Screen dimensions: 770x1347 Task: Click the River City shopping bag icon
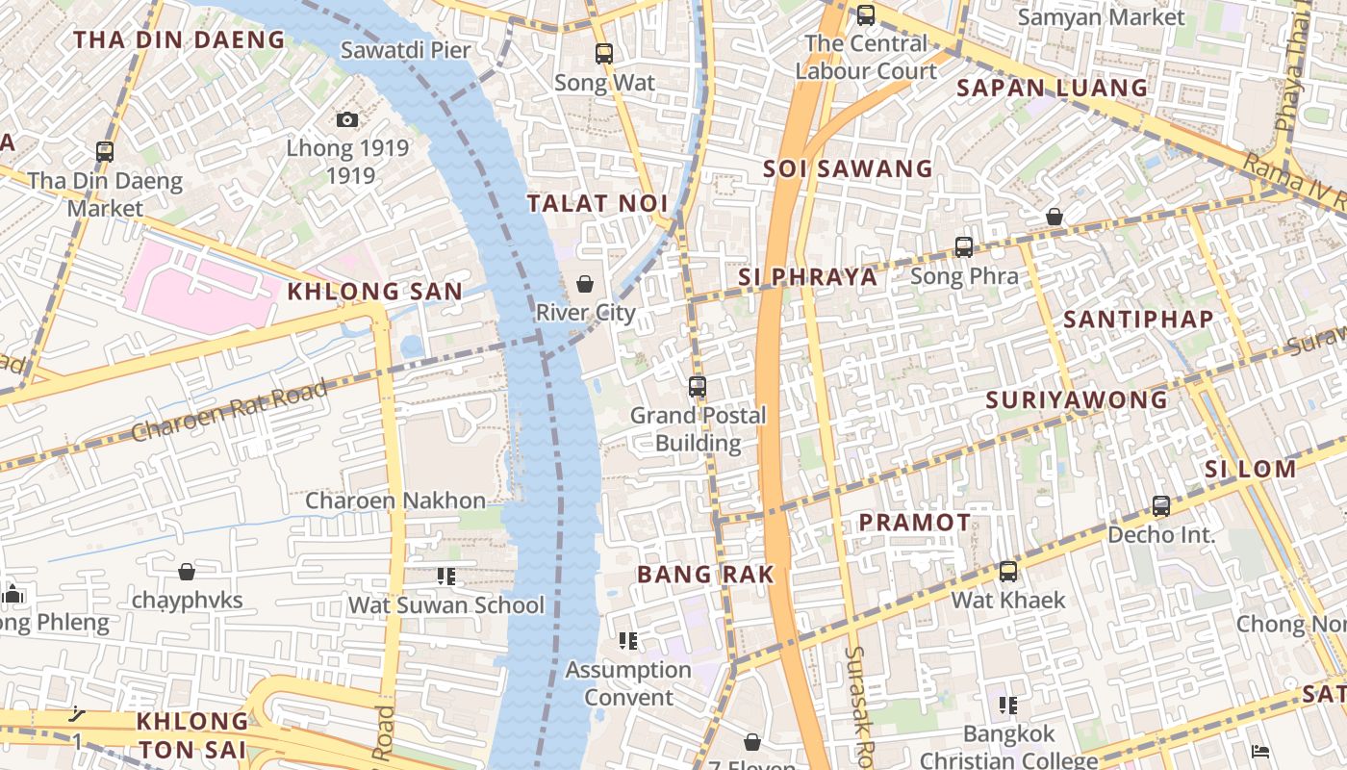pyautogui.click(x=584, y=284)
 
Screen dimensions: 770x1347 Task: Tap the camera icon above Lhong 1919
pyautogui.click(x=347, y=119)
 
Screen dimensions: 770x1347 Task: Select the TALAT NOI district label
pyautogui.click(x=597, y=203)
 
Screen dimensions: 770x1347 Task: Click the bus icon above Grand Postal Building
pyautogui.click(x=698, y=387)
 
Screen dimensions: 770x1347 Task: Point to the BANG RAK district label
pyautogui.click(x=705, y=575)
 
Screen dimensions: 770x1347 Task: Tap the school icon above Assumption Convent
pyautogui.click(x=628, y=641)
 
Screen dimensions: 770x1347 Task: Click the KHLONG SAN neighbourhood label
pyautogui.click(x=375, y=291)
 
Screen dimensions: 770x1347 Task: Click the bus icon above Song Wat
pyautogui.click(x=604, y=54)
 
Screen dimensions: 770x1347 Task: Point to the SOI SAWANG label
pyautogui.click(x=848, y=168)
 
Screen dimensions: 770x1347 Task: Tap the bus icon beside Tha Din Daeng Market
pyautogui.click(x=105, y=151)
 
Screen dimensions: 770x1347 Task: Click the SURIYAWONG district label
pyautogui.click(x=1077, y=399)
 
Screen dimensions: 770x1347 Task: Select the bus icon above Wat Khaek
pyautogui.click(x=1008, y=572)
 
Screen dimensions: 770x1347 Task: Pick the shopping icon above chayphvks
pyautogui.click(x=187, y=572)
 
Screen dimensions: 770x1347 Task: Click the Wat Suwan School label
pyautogui.click(x=445, y=605)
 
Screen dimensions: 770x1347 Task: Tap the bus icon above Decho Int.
pyautogui.click(x=1161, y=506)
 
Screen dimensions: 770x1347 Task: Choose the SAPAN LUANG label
pyautogui.click(x=1052, y=88)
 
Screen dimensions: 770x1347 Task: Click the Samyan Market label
pyautogui.click(x=1101, y=17)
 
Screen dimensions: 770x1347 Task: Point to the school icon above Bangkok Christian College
pyautogui.click(x=1008, y=706)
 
